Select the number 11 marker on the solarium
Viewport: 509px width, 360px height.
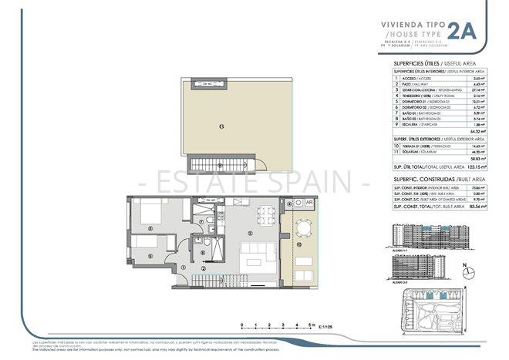coord(221,126)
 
